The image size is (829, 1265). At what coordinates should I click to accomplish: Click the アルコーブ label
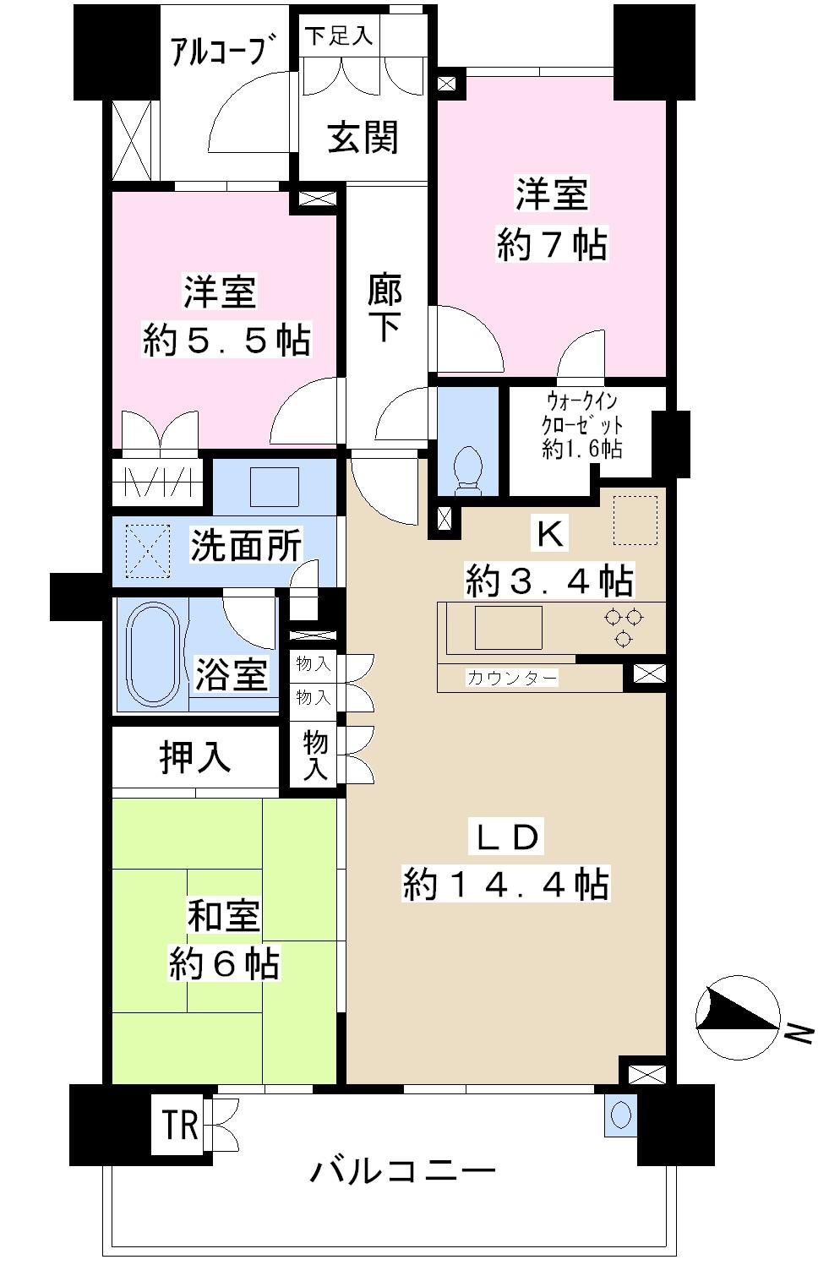224,52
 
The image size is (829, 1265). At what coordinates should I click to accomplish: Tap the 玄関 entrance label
363,137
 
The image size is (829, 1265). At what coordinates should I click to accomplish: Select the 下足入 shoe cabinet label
338,36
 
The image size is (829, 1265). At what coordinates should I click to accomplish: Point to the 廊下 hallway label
385,309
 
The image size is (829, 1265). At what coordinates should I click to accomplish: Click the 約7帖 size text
551,245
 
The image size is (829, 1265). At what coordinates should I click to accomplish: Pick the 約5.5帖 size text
226,340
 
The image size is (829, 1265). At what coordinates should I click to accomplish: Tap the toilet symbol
467,469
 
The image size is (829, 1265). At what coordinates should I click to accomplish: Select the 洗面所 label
246,546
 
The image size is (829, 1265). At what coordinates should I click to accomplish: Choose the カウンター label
512,678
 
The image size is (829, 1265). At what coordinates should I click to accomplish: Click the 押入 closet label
195,758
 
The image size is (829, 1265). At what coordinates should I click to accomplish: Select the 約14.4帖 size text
505,884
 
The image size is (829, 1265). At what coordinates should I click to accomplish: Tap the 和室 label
223,916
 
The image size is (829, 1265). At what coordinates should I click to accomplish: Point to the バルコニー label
403,1171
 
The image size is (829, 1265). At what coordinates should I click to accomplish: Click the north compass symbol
737,1018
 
